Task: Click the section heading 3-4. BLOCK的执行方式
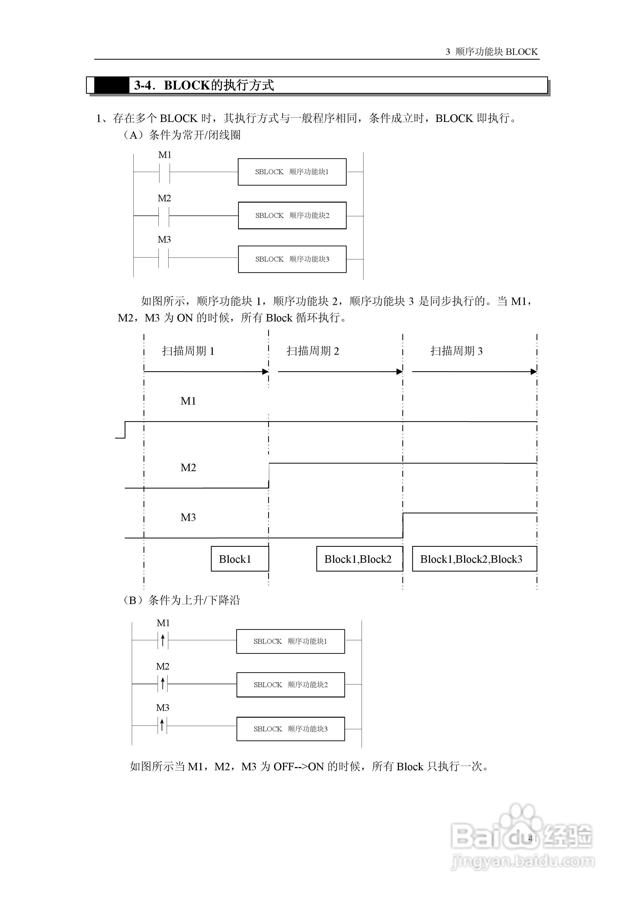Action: click(x=204, y=85)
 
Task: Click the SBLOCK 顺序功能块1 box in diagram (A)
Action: click(x=292, y=172)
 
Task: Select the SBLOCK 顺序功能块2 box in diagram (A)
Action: click(x=292, y=215)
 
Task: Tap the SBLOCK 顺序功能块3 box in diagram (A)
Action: click(x=292, y=259)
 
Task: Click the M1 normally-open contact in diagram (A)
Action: click(x=165, y=172)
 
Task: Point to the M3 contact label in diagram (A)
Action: click(x=164, y=239)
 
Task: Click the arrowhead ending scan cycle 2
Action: click(x=399, y=372)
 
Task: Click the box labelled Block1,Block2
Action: click(x=359, y=559)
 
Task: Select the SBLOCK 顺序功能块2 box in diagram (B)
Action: click(x=290, y=685)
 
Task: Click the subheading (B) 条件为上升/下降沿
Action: click(x=182, y=600)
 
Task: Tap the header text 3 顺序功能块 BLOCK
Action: click(x=492, y=52)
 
